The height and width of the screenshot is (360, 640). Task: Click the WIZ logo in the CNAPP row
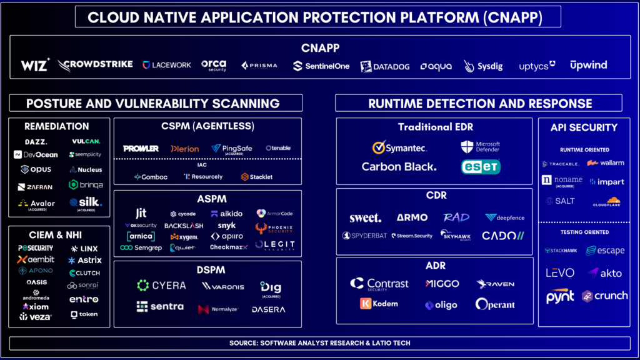35,65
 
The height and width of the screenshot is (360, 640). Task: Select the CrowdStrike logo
95,65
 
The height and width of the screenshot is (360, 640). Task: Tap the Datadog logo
384,66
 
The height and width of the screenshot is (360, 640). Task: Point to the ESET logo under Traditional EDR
480,167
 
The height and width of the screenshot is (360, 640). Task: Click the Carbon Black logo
399,167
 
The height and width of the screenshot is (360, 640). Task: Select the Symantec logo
399,147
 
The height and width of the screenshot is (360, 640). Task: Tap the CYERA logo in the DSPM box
161,286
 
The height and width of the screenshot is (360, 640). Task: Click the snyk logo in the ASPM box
226,226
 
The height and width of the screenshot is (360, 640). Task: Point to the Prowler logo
141,148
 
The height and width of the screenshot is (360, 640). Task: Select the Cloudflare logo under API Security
606,201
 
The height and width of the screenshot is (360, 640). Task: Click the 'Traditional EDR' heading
436,127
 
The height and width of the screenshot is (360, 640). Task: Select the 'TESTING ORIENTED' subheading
584,232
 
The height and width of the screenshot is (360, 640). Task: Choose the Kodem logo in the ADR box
379,304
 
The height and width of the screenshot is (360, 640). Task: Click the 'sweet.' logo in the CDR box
365,217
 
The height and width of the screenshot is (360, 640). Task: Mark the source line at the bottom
319,343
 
